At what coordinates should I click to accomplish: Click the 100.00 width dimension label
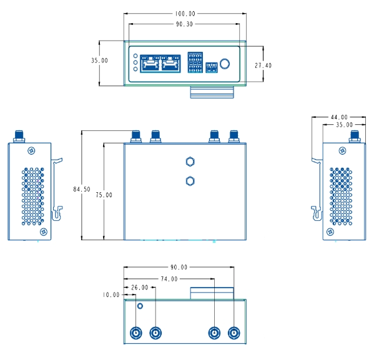tap(185, 13)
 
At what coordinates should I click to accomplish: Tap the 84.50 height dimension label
tap(82, 189)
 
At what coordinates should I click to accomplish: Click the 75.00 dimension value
tap(104, 195)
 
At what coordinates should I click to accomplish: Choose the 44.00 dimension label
tap(339, 117)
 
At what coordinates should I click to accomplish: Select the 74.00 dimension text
tap(169, 279)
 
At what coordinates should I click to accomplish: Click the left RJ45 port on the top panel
tap(150, 64)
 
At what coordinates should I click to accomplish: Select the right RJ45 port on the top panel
tap(170, 64)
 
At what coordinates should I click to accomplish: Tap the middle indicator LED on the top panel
tap(135, 62)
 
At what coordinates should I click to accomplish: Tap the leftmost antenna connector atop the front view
tap(135, 135)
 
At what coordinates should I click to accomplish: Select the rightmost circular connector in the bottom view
tap(234, 333)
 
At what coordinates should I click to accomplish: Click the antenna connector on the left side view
tap(19, 135)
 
